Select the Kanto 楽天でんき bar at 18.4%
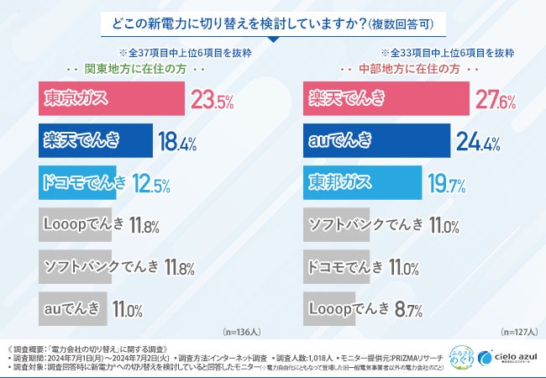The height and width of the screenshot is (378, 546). click(96, 141)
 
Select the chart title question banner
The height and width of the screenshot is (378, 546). click(273, 21)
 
